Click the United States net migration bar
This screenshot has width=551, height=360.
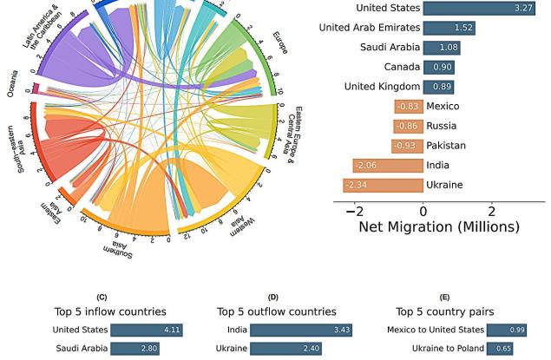[x=479, y=8]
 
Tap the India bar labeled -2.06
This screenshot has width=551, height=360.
[x=388, y=165]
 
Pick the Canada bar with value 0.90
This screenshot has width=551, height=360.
[x=438, y=67]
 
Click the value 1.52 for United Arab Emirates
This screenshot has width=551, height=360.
[x=462, y=28]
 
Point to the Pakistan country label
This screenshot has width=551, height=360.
[x=446, y=146]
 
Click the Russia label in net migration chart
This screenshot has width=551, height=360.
[x=443, y=126]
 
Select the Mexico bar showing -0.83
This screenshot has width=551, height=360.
[x=409, y=106]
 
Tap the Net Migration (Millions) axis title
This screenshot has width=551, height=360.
[x=438, y=227]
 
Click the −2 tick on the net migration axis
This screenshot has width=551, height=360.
[x=354, y=211]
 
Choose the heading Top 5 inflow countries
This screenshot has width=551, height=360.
[x=110, y=311]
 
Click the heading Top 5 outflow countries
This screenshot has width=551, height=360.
[x=276, y=311]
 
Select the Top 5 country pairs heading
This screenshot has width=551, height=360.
[x=444, y=311]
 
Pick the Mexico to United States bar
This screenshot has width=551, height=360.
[x=507, y=330]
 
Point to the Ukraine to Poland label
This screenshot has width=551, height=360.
[x=448, y=349]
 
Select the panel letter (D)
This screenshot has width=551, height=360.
[x=273, y=298]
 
